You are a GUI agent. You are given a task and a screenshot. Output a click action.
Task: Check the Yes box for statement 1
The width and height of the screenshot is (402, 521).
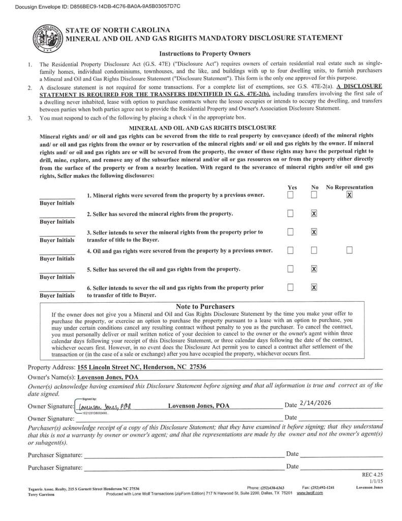(x=290, y=195)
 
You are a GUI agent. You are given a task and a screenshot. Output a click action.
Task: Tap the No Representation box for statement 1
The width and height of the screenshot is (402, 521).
(x=349, y=195)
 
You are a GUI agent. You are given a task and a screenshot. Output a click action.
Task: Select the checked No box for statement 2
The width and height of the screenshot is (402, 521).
(x=314, y=214)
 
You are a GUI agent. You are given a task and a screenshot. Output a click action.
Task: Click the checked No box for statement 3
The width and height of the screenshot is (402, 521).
(x=314, y=232)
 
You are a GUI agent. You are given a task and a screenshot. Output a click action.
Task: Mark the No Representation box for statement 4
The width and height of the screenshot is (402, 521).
(x=349, y=250)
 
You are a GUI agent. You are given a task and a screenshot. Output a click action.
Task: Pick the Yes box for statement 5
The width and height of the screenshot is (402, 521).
(x=290, y=269)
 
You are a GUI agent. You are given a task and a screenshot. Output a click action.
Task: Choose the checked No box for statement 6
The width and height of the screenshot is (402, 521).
(x=314, y=287)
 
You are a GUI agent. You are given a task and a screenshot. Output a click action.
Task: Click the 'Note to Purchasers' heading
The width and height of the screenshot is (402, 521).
(x=205, y=307)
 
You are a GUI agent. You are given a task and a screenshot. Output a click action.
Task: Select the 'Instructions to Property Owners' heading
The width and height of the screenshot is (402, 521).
(x=205, y=53)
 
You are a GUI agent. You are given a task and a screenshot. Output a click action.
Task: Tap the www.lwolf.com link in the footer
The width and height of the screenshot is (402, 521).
(x=310, y=493)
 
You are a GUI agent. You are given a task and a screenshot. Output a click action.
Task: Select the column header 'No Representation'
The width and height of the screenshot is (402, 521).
(x=349, y=187)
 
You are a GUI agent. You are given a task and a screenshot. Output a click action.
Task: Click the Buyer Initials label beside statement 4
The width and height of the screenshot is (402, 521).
(x=57, y=258)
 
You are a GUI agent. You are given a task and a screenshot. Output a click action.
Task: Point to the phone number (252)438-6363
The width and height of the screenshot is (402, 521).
(x=265, y=487)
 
